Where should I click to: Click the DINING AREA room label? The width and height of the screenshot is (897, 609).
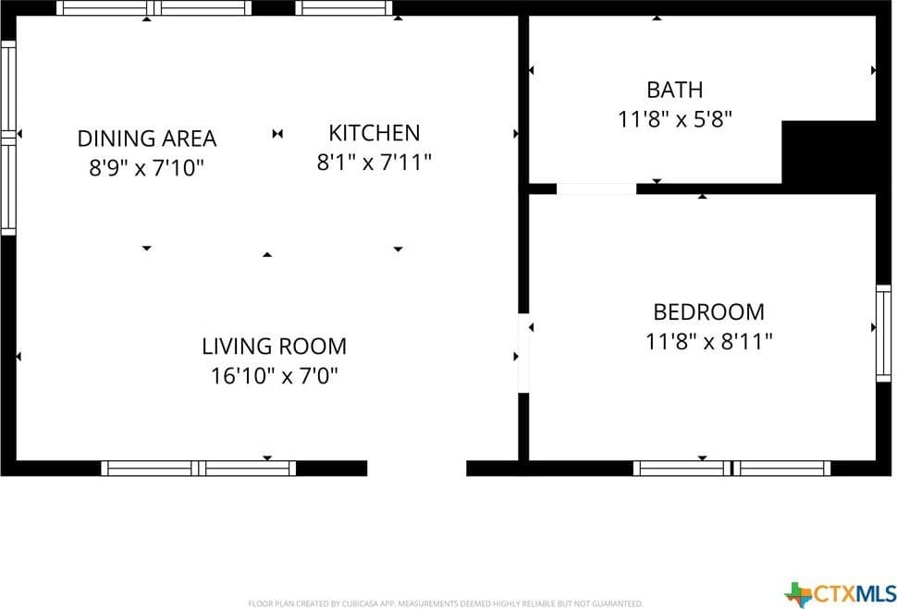[147, 139]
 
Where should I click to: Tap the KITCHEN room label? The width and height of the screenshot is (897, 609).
[375, 133]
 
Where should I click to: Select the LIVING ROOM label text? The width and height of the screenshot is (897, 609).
[274, 346]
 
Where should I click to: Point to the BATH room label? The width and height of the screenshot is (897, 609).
[674, 90]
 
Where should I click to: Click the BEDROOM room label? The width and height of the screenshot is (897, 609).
[708, 312]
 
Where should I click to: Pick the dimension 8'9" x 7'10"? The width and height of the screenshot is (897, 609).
[146, 168]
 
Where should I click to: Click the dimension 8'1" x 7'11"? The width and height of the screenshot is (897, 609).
[375, 163]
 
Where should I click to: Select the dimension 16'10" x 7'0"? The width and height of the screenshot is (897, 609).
[275, 376]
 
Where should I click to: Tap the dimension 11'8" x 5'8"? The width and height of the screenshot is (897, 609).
[675, 119]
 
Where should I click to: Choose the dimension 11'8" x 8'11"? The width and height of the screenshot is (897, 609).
[708, 342]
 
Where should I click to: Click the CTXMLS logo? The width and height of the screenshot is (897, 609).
[841, 594]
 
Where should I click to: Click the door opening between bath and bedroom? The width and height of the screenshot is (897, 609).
[596, 189]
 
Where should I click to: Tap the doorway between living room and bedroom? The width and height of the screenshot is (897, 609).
[523, 353]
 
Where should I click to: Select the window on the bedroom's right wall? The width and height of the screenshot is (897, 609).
[884, 334]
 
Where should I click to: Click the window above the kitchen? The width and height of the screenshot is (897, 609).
[344, 8]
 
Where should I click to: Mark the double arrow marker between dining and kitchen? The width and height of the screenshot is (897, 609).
[277, 134]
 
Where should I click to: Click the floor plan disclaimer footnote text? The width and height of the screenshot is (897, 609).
[446, 603]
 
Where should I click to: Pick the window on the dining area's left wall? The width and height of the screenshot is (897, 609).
[8, 138]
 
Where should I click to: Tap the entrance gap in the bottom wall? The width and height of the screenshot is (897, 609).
[416, 469]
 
